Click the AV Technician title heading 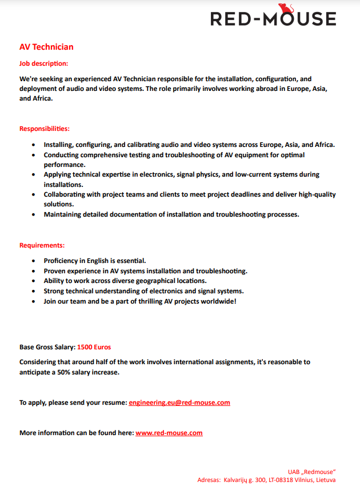click(46, 47)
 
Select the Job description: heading click(43, 63)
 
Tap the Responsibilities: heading click(45, 129)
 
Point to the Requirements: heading click(42, 245)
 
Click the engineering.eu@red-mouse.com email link click(179, 403)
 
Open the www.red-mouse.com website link click(169, 433)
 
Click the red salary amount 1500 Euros click(94, 347)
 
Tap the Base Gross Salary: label click(47, 347)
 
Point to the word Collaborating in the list click(67, 194)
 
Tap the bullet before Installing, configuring click(35, 145)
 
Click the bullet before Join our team click(35, 301)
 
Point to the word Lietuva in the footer click(323, 480)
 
